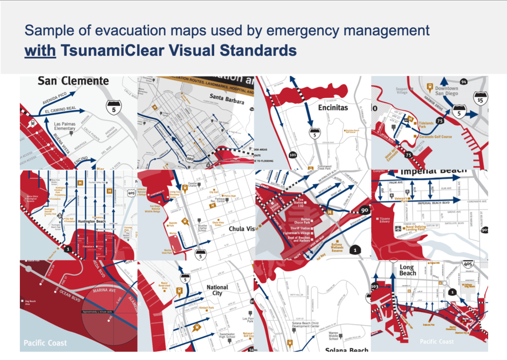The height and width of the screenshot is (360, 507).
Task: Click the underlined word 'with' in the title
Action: [41, 51]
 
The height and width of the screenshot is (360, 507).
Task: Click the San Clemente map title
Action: [73, 81]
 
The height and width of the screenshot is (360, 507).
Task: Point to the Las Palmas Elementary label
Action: [65, 126]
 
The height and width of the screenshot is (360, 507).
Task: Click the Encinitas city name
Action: [333, 107]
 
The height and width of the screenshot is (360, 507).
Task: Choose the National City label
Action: [217, 290]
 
